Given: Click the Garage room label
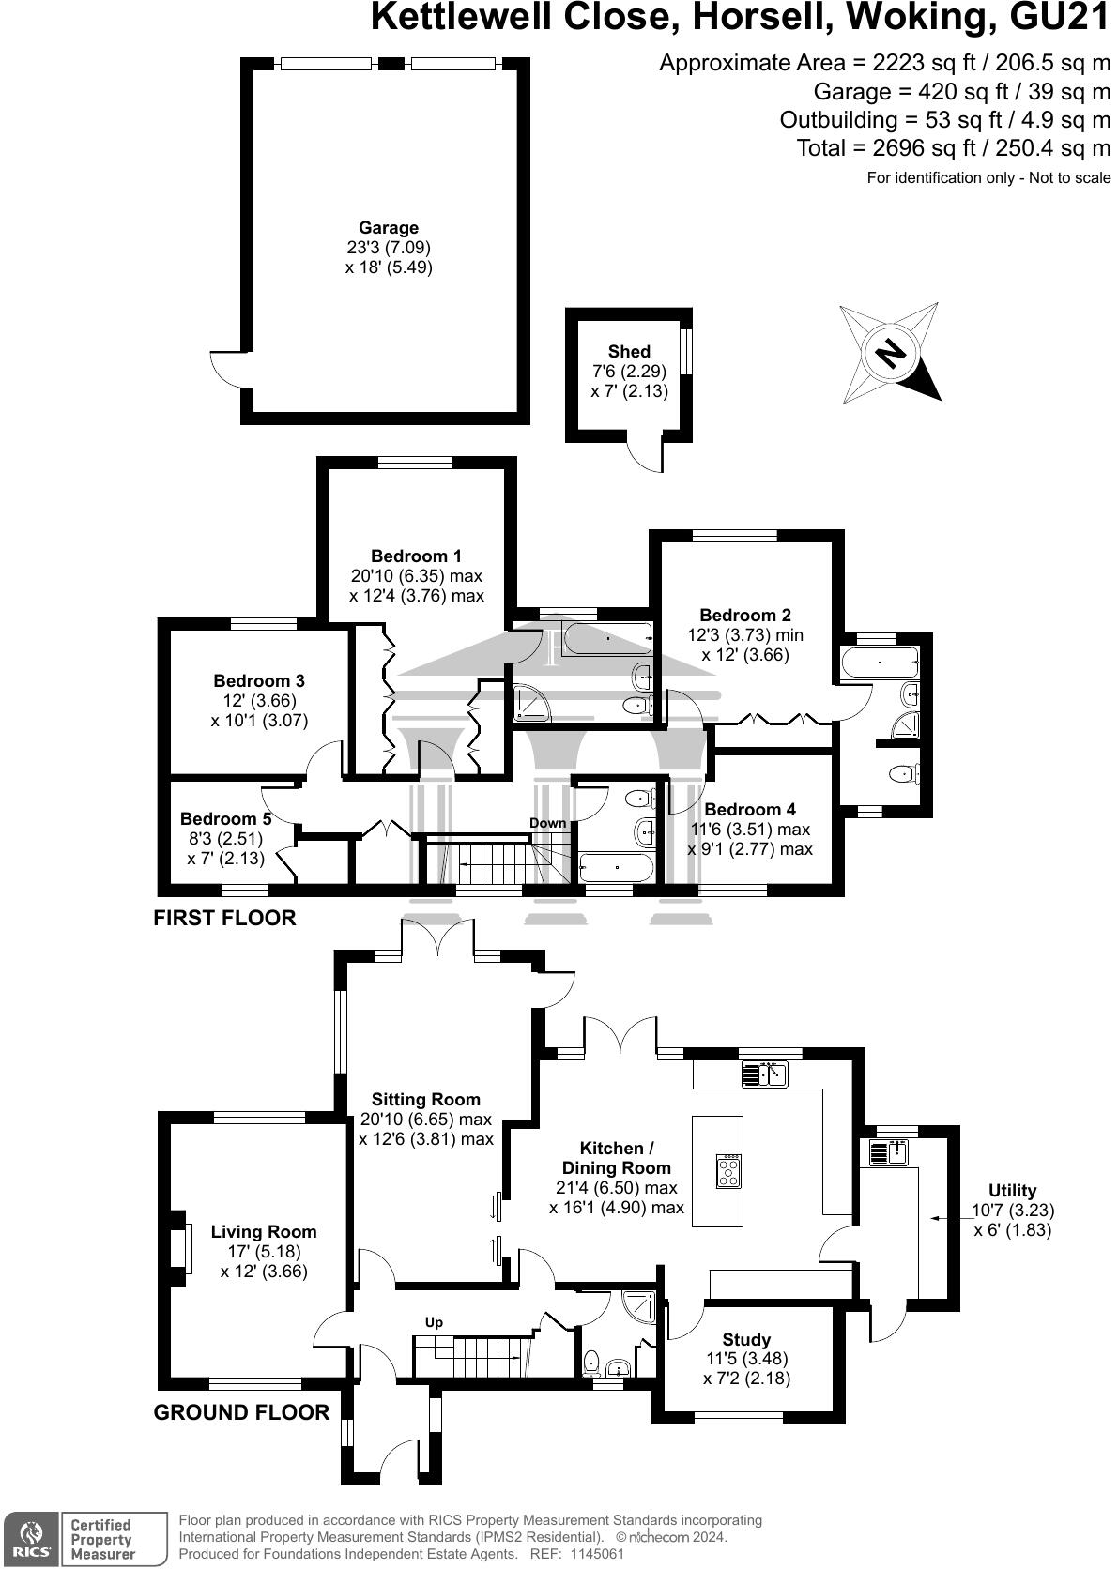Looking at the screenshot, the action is point(389,227).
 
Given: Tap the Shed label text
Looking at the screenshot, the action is point(629,352).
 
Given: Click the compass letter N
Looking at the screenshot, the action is point(889,353).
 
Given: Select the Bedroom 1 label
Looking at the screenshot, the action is point(416,556).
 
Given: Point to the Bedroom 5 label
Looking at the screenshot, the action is point(225,818).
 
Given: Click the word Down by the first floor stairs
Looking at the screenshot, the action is point(547,823).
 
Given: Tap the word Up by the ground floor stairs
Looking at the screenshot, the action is point(434,1322).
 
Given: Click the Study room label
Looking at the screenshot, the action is point(746,1339).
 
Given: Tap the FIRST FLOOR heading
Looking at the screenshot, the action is point(224,918).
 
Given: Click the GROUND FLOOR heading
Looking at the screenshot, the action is point(241,1412).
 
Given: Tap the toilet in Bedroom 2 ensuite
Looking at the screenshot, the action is point(903,774).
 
